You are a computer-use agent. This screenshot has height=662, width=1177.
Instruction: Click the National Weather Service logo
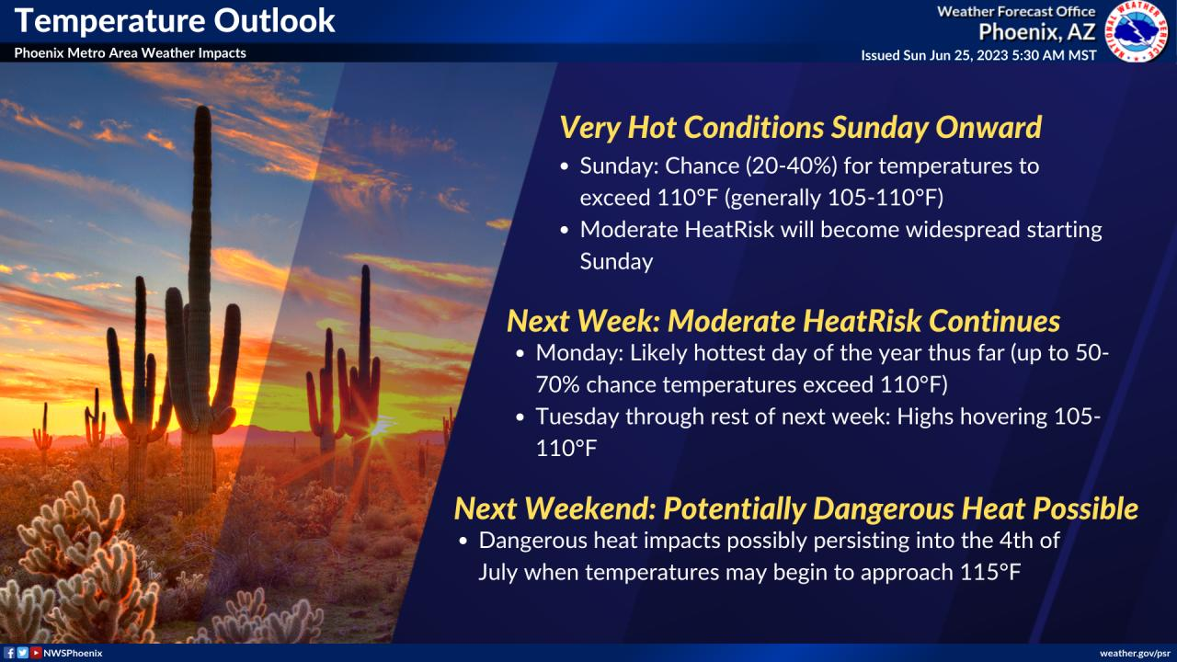pos(1137,31)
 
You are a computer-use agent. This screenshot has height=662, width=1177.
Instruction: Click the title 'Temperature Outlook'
pos(175,20)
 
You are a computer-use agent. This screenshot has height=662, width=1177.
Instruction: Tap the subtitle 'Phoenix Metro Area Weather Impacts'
pos(130,53)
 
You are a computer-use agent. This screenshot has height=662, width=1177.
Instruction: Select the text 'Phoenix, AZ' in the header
pos(1036,33)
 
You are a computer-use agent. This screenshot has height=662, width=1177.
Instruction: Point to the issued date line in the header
pos(978,55)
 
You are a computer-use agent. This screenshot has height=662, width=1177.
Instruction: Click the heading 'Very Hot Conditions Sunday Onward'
pos(800,128)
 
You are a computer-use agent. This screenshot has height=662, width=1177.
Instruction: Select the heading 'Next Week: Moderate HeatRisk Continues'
pos(783,321)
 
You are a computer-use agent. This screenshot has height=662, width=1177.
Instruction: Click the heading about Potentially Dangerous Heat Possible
pos(796,508)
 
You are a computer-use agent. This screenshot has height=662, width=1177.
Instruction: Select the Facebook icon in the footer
pos(9,653)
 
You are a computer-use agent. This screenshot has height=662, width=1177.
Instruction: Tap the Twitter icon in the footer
pos(22,653)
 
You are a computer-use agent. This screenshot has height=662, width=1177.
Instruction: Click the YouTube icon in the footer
pos(36,653)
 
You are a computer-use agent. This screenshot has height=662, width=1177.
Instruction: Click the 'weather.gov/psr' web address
pos(1136,653)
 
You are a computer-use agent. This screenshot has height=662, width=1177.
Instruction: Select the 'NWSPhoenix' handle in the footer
pos(73,653)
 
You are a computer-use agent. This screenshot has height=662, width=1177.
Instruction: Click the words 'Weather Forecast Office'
pos(1016,12)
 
